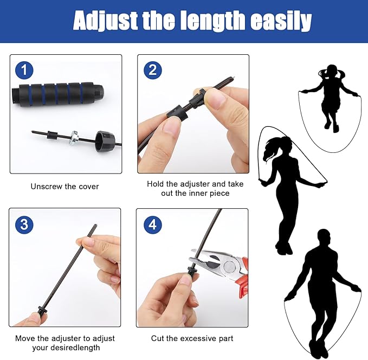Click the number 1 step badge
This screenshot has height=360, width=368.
(x=24, y=70)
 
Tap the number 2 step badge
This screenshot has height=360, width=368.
(x=153, y=70)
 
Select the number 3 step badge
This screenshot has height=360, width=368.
(x=24, y=223)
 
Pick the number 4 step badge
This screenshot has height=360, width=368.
(x=153, y=224)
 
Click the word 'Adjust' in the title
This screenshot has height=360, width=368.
(x=103, y=22)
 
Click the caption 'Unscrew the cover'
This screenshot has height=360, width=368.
(x=64, y=187)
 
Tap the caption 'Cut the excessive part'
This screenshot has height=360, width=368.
(x=192, y=338)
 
